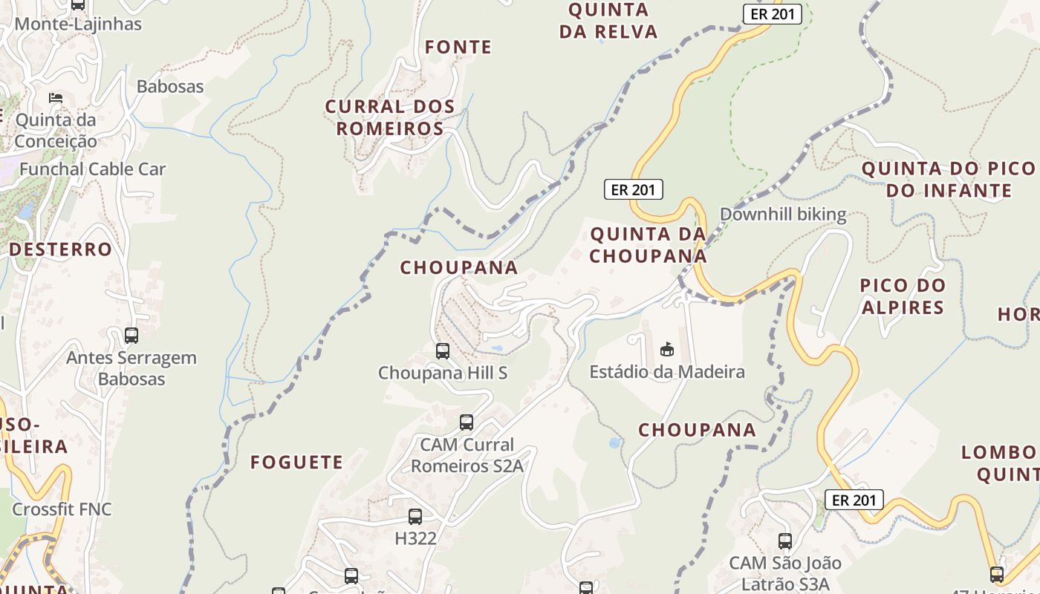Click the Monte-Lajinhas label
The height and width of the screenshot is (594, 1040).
point(77,24)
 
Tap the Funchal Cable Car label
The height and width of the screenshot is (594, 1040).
point(92,169)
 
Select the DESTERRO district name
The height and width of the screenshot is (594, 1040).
point(60,249)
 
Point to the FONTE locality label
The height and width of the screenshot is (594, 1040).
point(458,48)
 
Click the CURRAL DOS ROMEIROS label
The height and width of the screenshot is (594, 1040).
point(389,117)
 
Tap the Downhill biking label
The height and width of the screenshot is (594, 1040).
point(783,215)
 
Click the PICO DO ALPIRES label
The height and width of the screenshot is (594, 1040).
point(903,296)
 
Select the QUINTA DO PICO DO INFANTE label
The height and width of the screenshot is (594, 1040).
point(949,180)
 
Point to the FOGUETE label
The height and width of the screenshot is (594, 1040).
point(296,463)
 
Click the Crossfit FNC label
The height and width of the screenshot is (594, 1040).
point(62,509)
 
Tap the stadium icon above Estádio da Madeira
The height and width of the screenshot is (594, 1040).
point(666,349)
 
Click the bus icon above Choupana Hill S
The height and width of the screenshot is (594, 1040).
point(442,350)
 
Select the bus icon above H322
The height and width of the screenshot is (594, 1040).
point(415,516)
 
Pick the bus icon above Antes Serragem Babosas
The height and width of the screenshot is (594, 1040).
point(131,336)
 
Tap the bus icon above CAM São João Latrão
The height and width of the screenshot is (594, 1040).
point(785,541)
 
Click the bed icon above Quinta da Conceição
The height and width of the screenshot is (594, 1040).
point(55,98)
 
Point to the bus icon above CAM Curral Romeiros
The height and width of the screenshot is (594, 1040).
point(467,422)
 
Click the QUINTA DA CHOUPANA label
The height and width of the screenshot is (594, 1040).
point(648,245)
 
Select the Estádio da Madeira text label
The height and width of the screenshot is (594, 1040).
point(667,371)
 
